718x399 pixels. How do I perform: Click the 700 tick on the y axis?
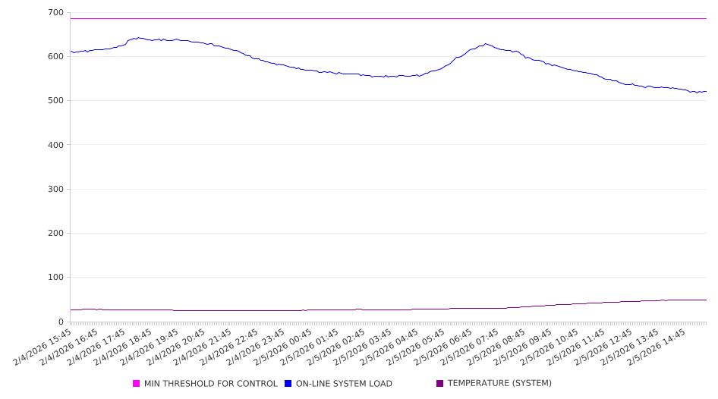pyautogui.click(x=55, y=13)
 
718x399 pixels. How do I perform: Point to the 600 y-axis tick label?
pyautogui.click(x=55, y=57)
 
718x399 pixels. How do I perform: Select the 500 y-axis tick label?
pyautogui.click(x=55, y=101)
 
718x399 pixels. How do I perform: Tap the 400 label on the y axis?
pyautogui.click(x=55, y=145)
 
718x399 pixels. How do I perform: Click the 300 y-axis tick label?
pyautogui.click(x=55, y=190)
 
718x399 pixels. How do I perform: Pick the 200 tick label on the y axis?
pyautogui.click(x=55, y=234)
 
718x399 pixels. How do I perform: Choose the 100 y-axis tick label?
pyautogui.click(x=55, y=278)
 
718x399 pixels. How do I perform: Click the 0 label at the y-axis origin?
pyautogui.click(x=61, y=322)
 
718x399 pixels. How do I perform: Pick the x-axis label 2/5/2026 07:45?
pyautogui.click(x=473, y=346)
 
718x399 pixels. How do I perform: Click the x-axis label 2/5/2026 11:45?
pyautogui.click(x=579, y=346)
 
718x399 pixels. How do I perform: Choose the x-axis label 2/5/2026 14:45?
pyautogui.click(x=659, y=346)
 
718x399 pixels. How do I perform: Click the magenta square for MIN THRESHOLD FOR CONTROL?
pyautogui.click(x=137, y=384)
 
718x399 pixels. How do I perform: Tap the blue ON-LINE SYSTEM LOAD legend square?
pyautogui.click(x=288, y=384)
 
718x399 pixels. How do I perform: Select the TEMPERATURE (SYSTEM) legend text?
pyautogui.click(x=499, y=384)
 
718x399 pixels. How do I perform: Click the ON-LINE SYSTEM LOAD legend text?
pyautogui.click(x=344, y=384)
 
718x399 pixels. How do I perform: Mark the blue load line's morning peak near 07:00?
pyautogui.click(x=485, y=44)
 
